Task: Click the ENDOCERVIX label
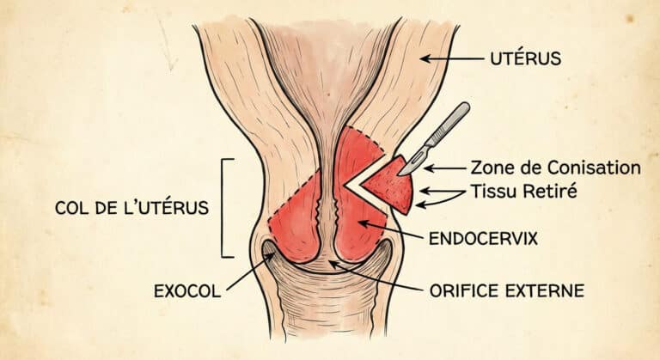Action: tap(482, 238)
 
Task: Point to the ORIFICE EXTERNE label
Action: tap(505, 290)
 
